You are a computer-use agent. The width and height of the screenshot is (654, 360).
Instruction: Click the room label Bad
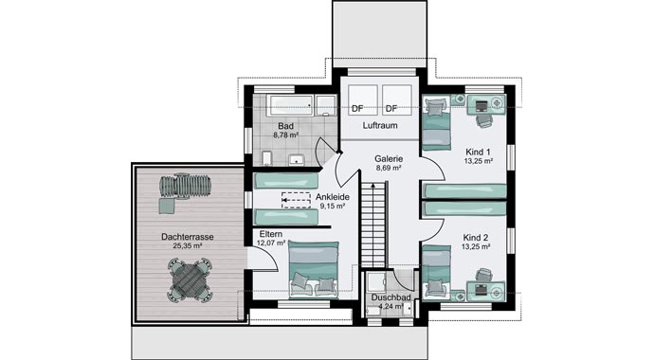pyautogui.click(x=285, y=125)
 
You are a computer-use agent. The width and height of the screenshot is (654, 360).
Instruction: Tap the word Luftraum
pyautogui.click(x=379, y=125)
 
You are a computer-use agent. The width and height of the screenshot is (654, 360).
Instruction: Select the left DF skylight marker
pyautogui.click(x=357, y=108)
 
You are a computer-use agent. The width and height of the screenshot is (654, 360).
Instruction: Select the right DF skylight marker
pyautogui.click(x=390, y=108)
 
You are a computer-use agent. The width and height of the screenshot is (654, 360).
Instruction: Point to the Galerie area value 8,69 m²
pyautogui.click(x=389, y=168)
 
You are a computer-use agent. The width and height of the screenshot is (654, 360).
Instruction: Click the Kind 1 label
pyautogui.click(x=478, y=152)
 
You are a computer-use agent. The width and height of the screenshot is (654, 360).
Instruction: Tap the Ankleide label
pyautogui.click(x=332, y=196)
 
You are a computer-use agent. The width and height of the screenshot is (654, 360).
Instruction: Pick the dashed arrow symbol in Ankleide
pyautogui.click(x=295, y=200)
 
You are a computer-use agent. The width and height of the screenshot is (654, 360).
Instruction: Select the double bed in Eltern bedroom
pyautogui.click(x=313, y=267)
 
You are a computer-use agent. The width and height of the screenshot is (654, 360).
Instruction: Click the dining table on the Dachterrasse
pyautogui.click(x=190, y=279)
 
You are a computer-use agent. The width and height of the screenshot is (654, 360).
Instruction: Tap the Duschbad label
pyautogui.click(x=390, y=297)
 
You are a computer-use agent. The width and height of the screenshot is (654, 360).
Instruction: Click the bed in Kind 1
pyautogui.click(x=435, y=123)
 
